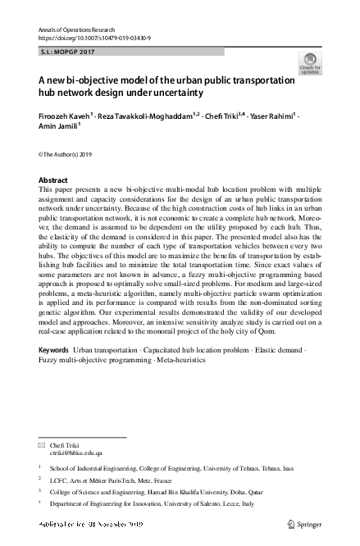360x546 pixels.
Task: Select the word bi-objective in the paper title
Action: [93, 81]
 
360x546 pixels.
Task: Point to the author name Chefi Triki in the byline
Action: [226, 116]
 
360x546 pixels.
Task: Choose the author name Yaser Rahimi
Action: [273, 116]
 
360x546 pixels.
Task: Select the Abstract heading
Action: [53, 180]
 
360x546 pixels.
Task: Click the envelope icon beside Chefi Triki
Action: [43, 444]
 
